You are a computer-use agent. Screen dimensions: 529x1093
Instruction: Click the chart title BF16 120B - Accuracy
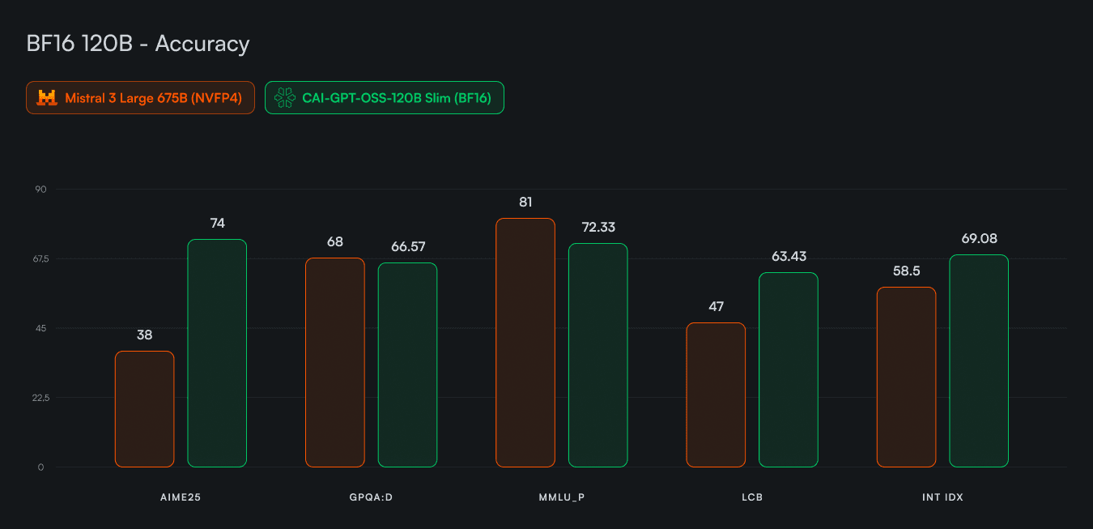138,44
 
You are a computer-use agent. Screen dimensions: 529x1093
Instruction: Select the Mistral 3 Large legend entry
140,98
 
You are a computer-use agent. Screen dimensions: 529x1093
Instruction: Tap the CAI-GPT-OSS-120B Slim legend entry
384,98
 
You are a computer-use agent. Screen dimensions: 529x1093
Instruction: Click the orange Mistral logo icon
47,98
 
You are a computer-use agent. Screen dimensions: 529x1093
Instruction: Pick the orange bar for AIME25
144,409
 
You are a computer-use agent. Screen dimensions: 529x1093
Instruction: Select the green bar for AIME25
217,353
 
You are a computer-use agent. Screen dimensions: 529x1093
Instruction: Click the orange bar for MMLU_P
525,343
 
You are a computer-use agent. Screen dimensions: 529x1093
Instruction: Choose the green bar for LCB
789,370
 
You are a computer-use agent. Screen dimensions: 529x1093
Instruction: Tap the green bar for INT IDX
979,361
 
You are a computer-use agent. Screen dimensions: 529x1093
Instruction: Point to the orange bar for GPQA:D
335,362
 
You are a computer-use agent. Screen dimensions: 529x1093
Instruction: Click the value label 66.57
408,247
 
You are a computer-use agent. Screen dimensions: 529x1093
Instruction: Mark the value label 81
525,203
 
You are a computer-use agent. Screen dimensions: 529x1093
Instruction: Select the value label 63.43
789,257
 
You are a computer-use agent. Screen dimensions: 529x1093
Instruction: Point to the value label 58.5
906,271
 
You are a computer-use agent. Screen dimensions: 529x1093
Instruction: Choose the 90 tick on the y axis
40,190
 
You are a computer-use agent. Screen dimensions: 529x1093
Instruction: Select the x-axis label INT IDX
942,497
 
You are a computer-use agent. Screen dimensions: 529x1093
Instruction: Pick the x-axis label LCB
752,497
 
